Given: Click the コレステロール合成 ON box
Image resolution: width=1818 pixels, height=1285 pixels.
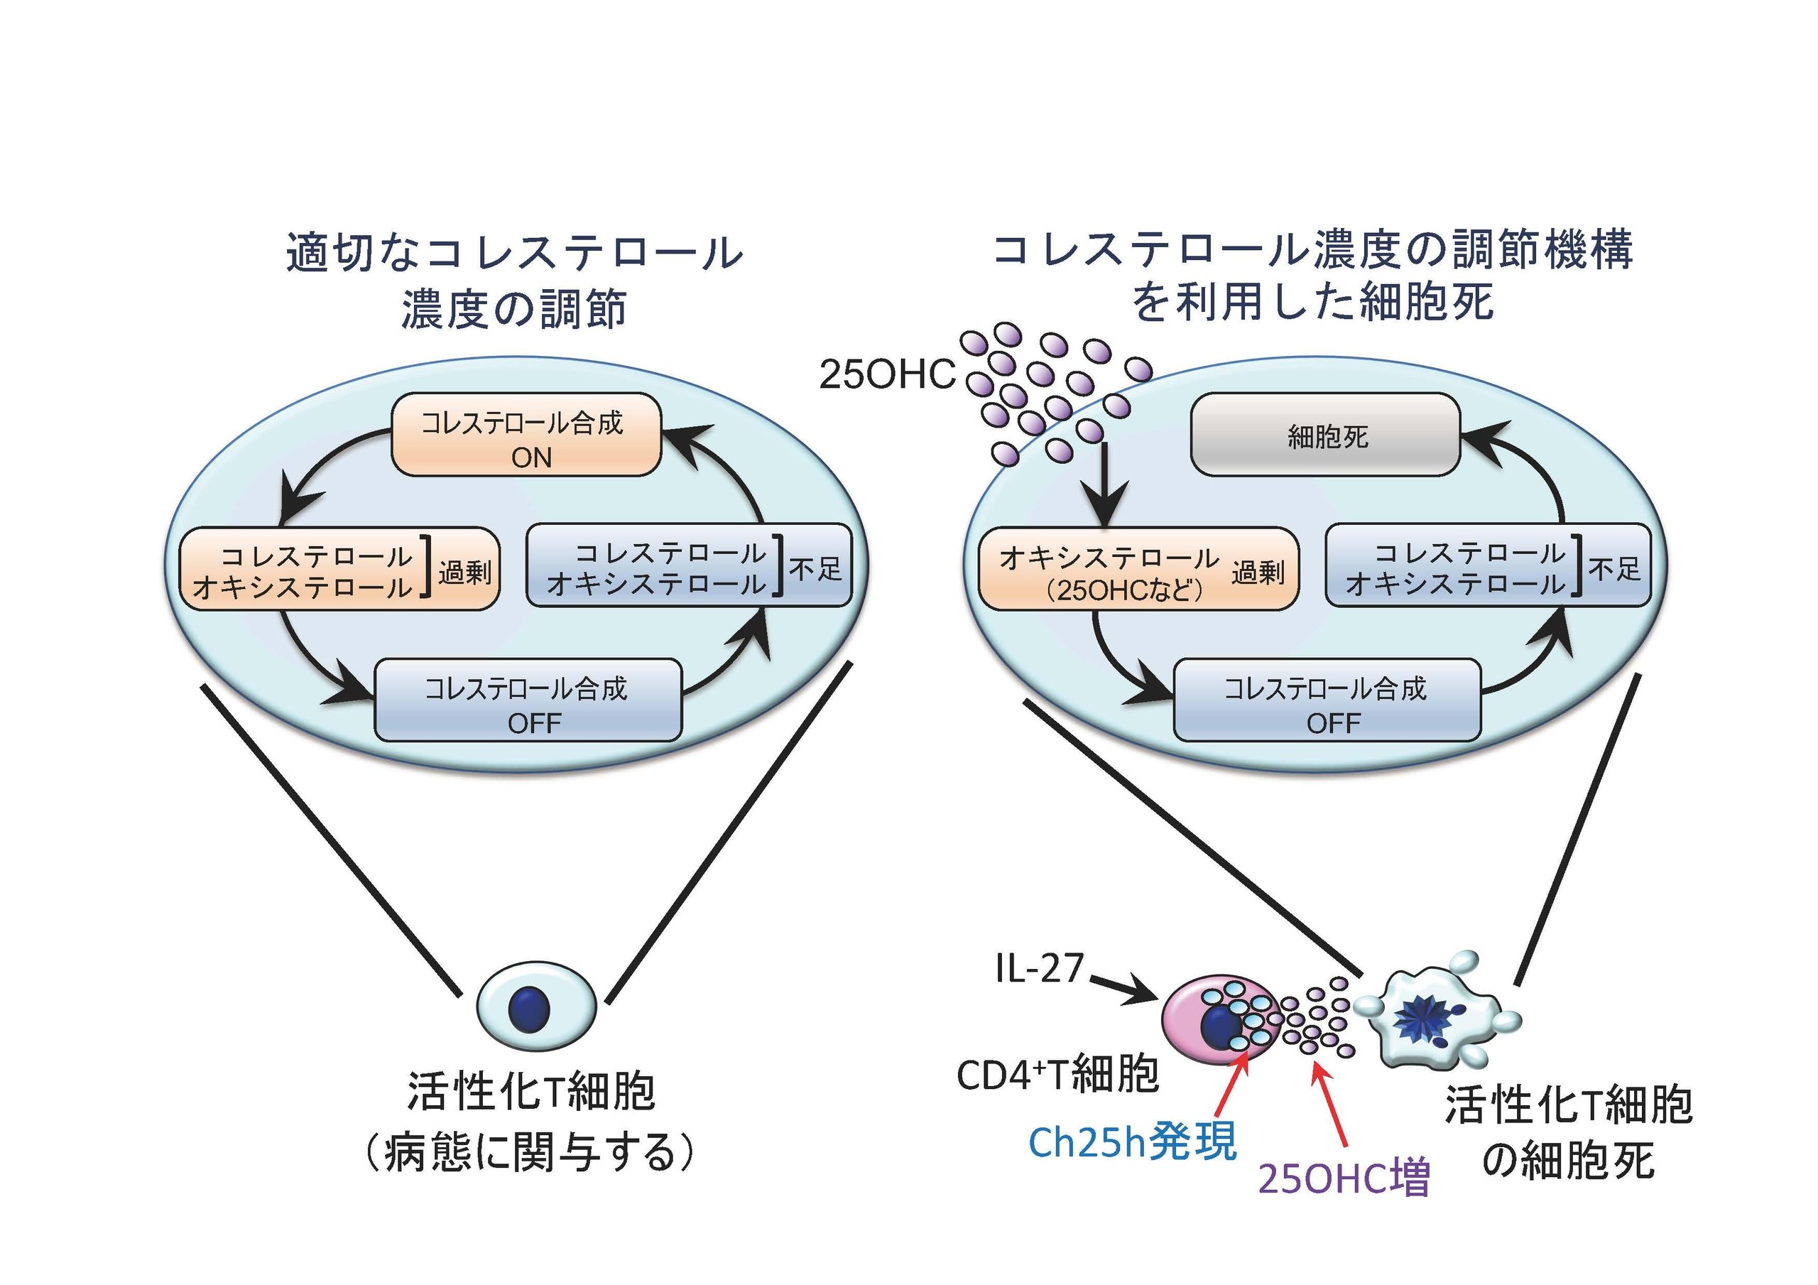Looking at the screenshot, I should pos(526,435).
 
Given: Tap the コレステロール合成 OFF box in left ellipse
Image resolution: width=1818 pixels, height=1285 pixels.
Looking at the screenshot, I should pos(528,700).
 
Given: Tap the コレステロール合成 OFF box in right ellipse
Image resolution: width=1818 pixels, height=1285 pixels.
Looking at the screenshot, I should pos(1327,700).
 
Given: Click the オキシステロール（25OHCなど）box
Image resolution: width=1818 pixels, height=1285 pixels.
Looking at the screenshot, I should pos(1138,569).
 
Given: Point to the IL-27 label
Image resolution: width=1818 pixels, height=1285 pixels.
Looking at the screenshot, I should pos(1039,968).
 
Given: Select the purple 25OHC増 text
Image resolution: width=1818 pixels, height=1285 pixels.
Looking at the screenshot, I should pos(1344,1178).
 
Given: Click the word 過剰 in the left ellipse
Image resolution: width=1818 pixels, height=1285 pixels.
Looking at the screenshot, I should pos(464,572).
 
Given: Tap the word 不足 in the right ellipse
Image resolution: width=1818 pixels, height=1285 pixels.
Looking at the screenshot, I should pos(1613,568).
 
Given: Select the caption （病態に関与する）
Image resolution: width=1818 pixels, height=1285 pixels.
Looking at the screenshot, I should pos(529,1153).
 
